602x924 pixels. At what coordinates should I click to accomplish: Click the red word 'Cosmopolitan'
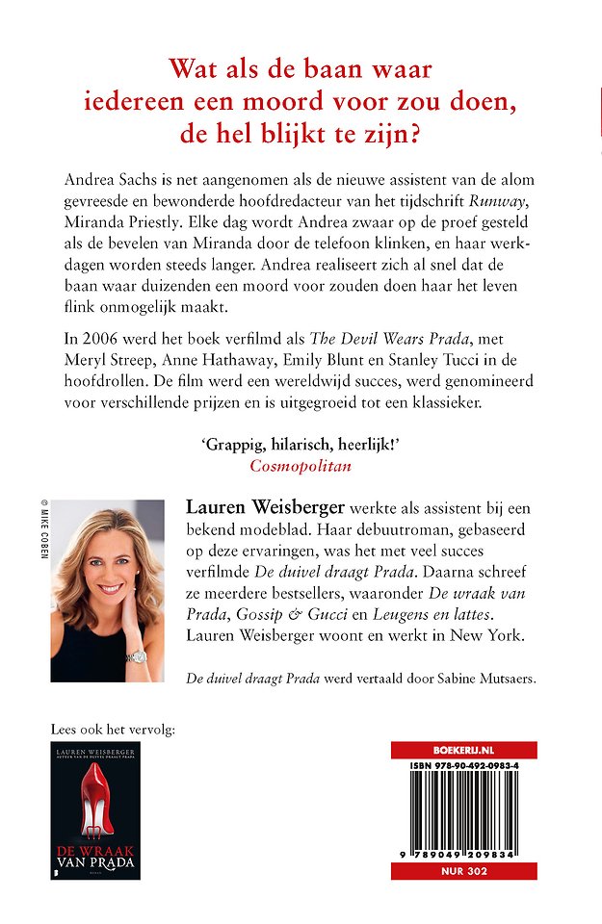coord(301,464)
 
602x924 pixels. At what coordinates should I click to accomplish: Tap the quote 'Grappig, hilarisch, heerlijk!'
coord(301,443)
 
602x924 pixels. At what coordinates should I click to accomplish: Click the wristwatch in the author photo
coord(136,655)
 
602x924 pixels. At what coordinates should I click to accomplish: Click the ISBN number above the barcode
coord(464,767)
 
